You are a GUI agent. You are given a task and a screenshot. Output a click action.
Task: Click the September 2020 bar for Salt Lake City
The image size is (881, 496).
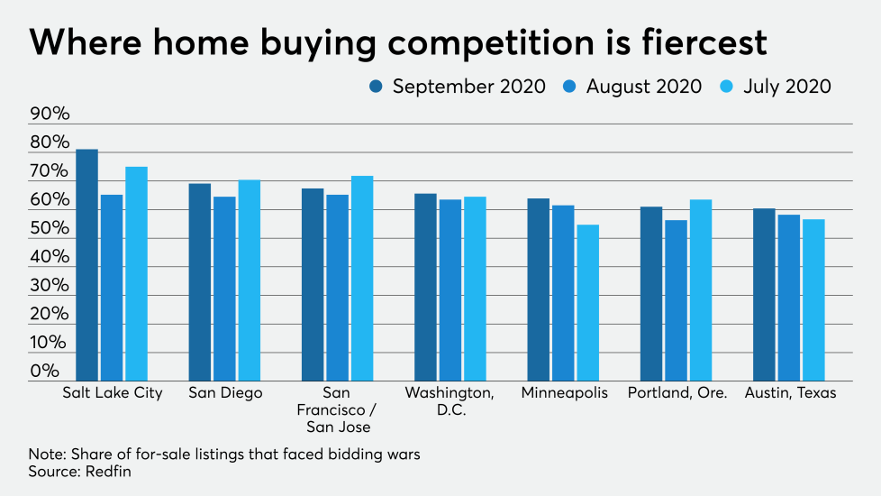pyautogui.click(x=87, y=265)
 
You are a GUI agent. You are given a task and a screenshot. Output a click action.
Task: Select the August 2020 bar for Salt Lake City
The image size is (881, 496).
pyautogui.click(x=112, y=288)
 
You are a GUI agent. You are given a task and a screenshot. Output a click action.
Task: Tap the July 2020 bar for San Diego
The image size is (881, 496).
pyautogui.click(x=249, y=280)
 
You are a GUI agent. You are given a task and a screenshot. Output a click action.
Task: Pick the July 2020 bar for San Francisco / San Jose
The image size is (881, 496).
pyautogui.click(x=362, y=279)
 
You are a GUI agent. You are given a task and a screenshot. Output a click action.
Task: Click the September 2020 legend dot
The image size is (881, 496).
pyautogui.click(x=376, y=87)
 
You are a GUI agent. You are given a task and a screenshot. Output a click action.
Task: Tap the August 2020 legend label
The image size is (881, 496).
pyautogui.click(x=643, y=87)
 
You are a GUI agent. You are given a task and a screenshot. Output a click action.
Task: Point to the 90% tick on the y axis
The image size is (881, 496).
pyautogui.click(x=50, y=114)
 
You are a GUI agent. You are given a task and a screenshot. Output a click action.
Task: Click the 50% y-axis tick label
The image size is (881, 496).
pyautogui.click(x=50, y=228)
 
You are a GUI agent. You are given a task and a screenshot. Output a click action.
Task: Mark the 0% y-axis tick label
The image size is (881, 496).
pyautogui.click(x=45, y=371)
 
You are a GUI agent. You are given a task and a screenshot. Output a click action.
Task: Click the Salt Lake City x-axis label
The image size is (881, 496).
pyautogui.click(x=113, y=393)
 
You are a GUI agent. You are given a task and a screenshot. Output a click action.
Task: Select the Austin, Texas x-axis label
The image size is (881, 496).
pyautogui.click(x=790, y=393)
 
